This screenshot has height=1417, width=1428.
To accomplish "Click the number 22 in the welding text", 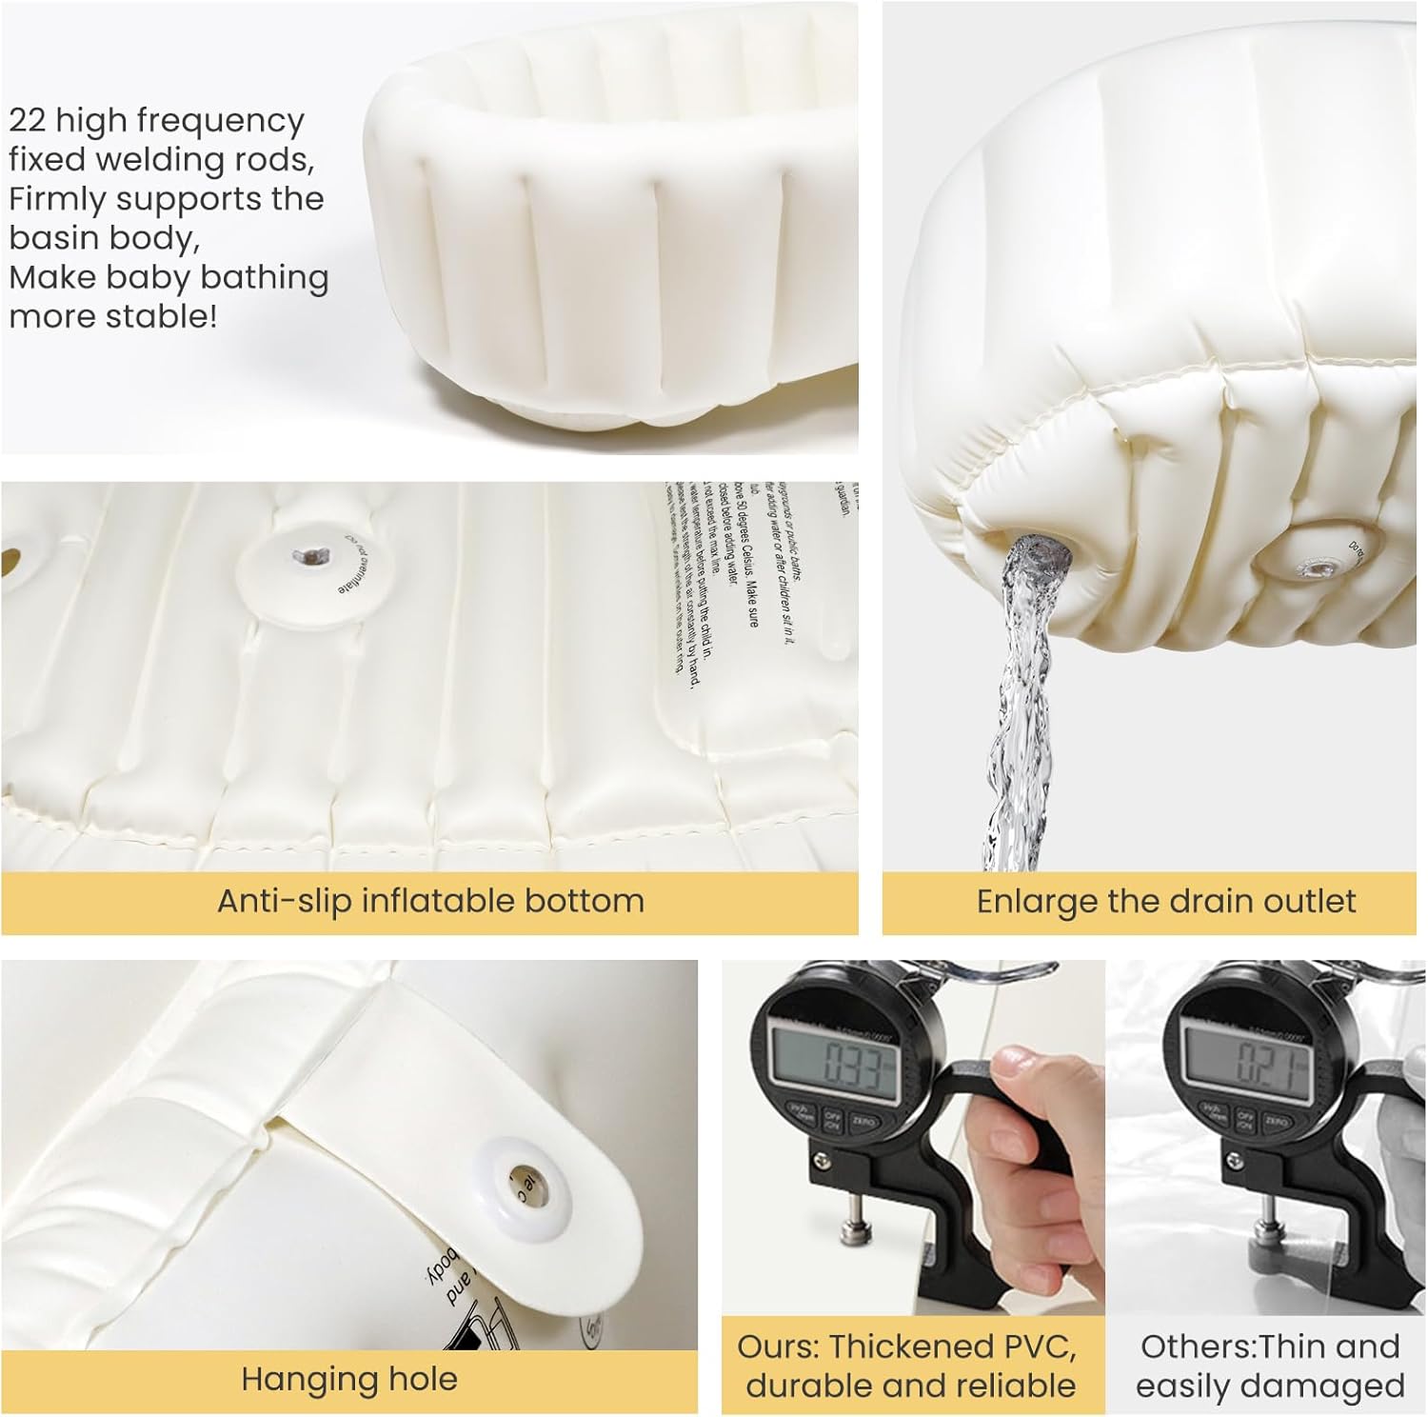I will [x=27, y=121].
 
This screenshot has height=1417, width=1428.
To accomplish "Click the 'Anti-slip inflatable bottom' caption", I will [x=430, y=900].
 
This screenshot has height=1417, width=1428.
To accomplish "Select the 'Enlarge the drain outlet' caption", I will [x=1166, y=901].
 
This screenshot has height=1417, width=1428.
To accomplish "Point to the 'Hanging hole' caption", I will [x=349, y=1379].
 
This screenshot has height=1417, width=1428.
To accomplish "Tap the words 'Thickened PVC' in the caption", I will [x=953, y=1347].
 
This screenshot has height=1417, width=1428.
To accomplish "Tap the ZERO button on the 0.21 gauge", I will [x=1276, y=1123].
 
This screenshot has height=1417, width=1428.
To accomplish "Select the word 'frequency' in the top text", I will [x=220, y=121].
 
